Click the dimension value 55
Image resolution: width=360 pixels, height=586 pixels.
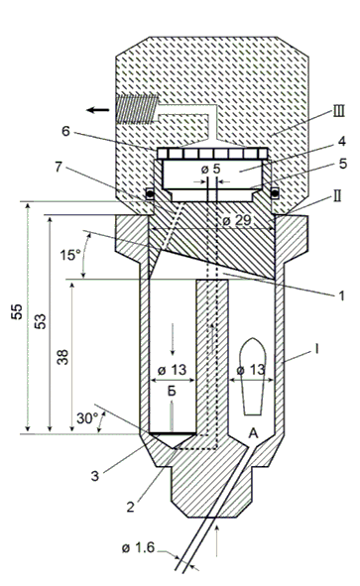pos(17,312)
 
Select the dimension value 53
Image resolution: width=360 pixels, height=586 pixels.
pos(41,321)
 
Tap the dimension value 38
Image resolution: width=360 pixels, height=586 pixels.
pos(62,357)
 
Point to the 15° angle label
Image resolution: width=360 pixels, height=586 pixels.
pos(70,255)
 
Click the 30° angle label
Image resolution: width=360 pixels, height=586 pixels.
pos(87,418)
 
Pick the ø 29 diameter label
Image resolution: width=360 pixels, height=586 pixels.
pos(237,220)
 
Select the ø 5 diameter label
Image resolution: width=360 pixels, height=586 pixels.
pos(211,169)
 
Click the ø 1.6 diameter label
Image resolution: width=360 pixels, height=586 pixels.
pos(138,548)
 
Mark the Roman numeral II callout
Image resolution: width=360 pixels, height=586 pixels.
pos(336,196)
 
